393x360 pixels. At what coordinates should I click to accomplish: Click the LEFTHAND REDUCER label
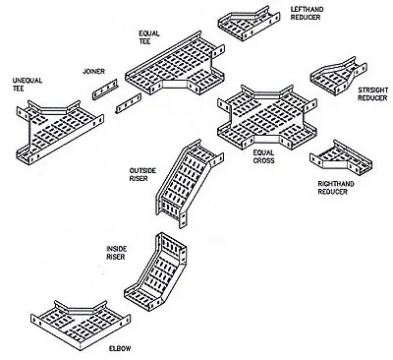[307, 13]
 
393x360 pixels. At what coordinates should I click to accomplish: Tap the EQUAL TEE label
[149, 37]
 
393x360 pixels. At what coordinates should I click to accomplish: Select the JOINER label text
[93, 71]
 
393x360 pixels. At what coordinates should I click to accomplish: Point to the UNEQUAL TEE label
[28, 85]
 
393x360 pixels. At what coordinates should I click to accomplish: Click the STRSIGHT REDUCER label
[372, 93]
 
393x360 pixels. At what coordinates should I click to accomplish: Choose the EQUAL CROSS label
[263, 156]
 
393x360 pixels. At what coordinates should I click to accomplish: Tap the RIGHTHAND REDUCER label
[336, 188]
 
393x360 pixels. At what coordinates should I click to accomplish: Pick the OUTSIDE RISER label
[142, 174]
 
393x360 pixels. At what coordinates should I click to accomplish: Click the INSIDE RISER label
[116, 253]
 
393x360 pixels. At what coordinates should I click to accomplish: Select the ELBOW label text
[120, 348]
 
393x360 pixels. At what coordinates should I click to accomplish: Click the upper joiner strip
[105, 90]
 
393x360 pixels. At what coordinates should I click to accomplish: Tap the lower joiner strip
[129, 103]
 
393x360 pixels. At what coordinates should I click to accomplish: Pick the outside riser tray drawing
[189, 183]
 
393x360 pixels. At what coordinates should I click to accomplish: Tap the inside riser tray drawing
[155, 271]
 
